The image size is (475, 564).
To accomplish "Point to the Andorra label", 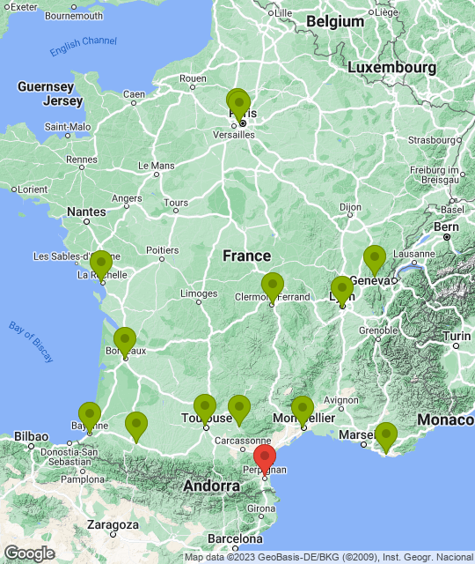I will point(211,486).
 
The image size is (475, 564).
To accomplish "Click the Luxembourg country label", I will point(391,67).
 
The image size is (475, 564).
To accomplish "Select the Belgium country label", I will point(334,21).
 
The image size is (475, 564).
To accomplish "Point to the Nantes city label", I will point(86,211).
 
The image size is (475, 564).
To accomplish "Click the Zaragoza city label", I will point(112,524).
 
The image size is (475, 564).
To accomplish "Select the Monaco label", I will point(445,420).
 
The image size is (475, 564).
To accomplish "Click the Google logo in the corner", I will point(29,553).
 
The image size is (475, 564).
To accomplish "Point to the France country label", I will point(246,256).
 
